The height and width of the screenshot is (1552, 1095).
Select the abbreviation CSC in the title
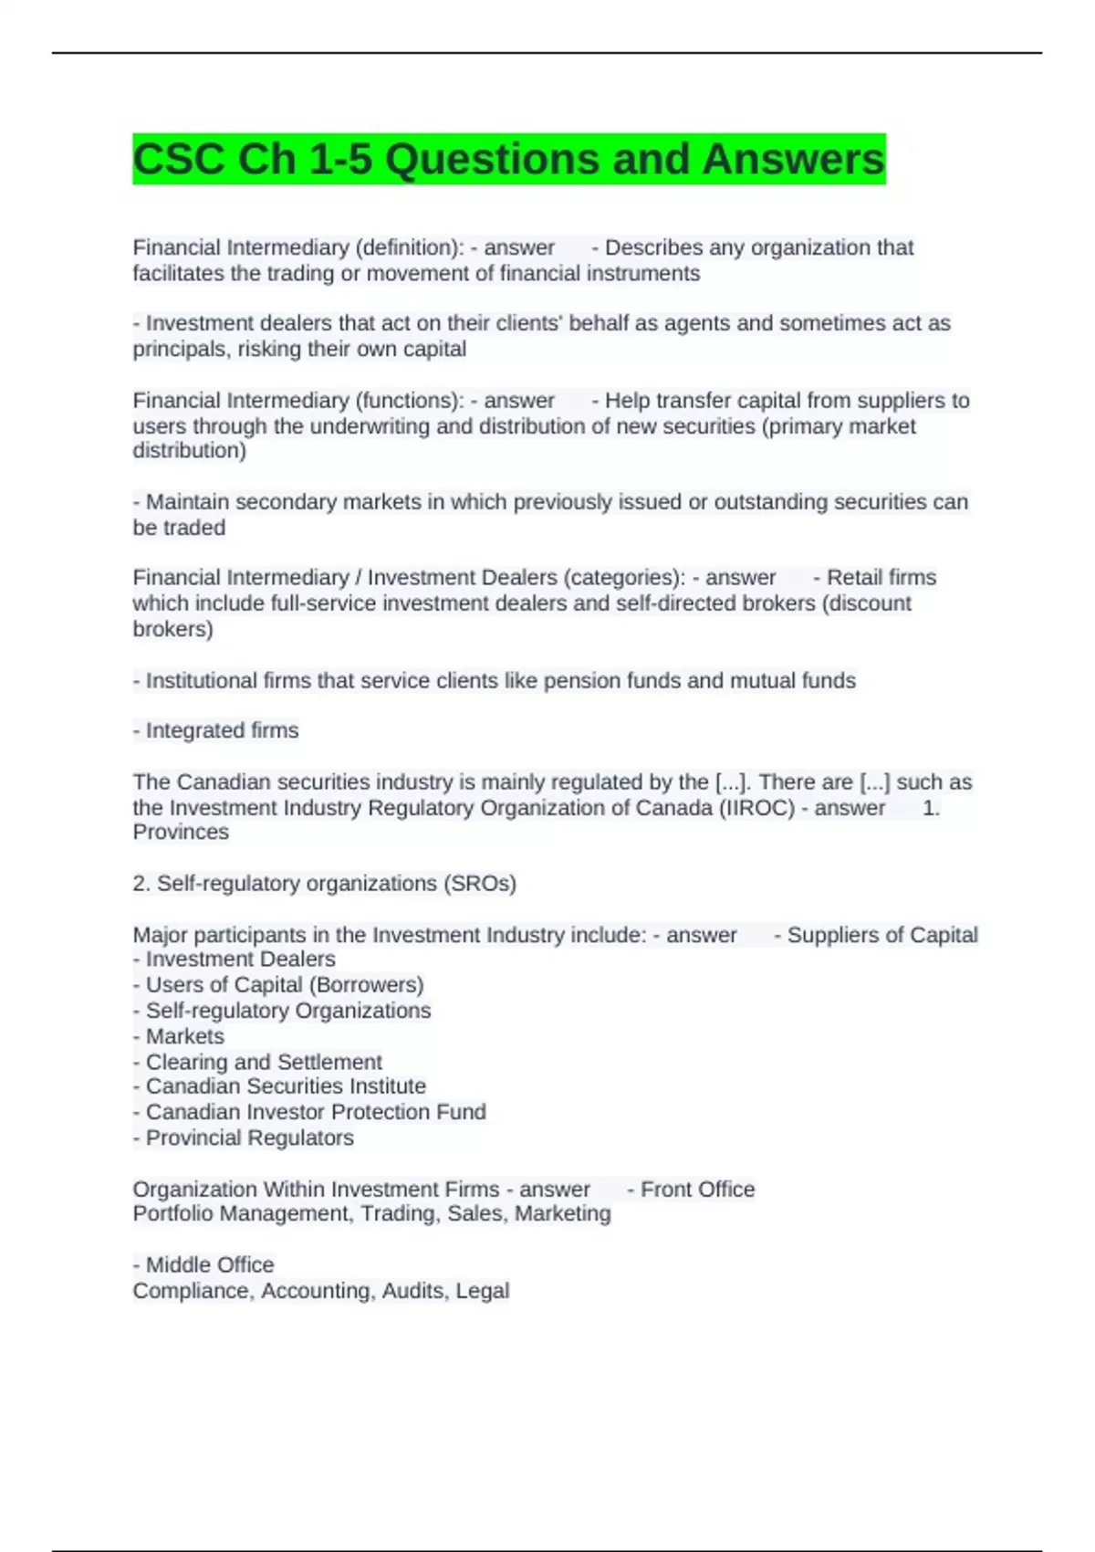pyautogui.click(x=179, y=160)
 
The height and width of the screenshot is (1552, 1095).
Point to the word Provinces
pyautogui.click(x=181, y=832)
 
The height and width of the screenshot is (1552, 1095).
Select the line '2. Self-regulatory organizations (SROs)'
pyautogui.click(x=324, y=884)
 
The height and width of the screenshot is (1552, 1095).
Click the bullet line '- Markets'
pyautogui.click(x=178, y=1036)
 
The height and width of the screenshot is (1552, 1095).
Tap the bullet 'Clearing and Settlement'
pyautogui.click(x=263, y=1062)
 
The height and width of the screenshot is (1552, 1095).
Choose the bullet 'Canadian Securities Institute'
pyautogui.click(x=285, y=1086)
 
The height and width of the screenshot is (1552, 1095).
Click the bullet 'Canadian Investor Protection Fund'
pyautogui.click(x=315, y=1112)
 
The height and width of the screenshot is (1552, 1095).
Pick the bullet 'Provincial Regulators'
pyautogui.click(x=249, y=1138)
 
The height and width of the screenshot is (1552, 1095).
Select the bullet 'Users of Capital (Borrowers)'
pyautogui.click(x=284, y=985)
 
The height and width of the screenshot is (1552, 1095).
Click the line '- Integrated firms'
pyautogui.click(x=215, y=730)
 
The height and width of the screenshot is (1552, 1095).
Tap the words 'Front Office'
pyautogui.click(x=697, y=1190)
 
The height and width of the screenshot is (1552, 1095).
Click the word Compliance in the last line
pyautogui.click(x=193, y=1291)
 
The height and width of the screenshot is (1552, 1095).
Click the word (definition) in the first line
pyautogui.click(x=409, y=247)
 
